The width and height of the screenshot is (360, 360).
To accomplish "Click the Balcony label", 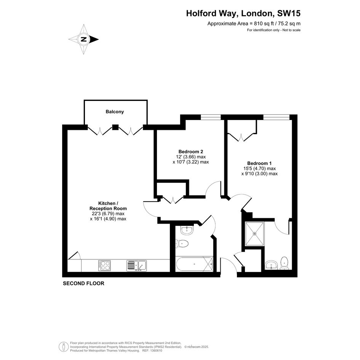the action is point(115,112).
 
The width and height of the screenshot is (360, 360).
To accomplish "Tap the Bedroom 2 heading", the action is point(191,152).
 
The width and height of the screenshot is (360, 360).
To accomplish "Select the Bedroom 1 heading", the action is point(259,163).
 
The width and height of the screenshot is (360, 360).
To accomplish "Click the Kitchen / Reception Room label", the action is point(108,206).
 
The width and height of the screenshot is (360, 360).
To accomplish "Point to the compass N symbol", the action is point(84,39).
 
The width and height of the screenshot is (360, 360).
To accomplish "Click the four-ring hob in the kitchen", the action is point(104,266).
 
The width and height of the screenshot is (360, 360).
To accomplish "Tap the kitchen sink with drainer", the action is point(137,266).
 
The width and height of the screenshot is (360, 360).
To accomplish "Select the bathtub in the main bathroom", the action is point(194,264).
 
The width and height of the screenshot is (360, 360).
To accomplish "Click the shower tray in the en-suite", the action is point(254,234).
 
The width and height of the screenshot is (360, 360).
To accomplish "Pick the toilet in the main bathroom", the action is point(182,243).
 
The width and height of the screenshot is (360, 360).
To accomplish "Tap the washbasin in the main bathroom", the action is point(187,230).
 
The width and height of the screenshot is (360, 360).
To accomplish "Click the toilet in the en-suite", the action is point(284,263).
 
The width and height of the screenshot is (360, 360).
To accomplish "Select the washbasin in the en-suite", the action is point(271,265).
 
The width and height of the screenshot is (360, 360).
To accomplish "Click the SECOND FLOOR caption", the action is point(83,283).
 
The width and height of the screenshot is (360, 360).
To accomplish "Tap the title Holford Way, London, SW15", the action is point(243,13).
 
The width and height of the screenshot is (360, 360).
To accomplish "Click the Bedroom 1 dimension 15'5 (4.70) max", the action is point(259,168).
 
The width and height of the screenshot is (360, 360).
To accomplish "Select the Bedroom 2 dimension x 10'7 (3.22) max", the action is point(191,162).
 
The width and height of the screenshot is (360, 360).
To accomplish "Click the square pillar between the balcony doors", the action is point(115,127).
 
